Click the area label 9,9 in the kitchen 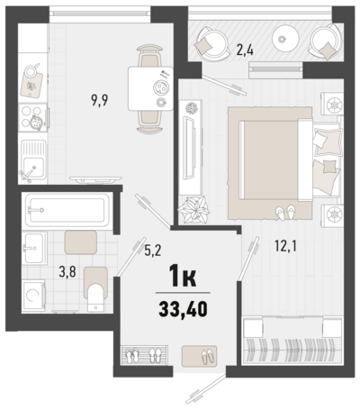(100, 100)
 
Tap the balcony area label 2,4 (245, 50)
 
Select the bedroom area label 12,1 (285, 246)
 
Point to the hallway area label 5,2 (153, 251)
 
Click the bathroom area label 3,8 (67, 272)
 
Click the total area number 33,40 (183, 309)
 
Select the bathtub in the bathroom (67, 210)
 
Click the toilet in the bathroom (95, 289)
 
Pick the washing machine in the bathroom (33, 296)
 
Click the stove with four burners (33, 117)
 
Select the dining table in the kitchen (150, 88)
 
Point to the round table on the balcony (285, 39)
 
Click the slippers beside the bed (285, 213)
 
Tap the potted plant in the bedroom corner (193, 209)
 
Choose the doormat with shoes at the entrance (199, 356)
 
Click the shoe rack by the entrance (144, 355)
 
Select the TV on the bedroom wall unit (189, 148)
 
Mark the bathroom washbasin (34, 248)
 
